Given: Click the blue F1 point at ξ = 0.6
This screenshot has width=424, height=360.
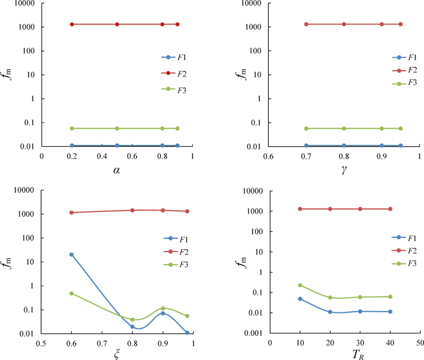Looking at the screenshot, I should tap(72, 255).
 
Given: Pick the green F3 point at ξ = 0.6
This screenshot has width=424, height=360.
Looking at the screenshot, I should tap(72, 293).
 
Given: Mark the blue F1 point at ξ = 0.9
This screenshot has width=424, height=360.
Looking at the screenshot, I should tap(162, 313).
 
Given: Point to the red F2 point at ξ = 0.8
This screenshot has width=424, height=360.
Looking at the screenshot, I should tap(132, 211).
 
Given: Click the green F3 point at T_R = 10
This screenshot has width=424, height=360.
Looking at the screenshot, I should tap(300, 286).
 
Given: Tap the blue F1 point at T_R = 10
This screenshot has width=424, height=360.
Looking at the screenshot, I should tap(300, 299).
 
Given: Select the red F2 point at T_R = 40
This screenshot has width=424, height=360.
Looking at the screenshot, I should tap(390, 209).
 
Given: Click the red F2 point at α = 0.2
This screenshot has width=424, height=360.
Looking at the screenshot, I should tap(72, 24).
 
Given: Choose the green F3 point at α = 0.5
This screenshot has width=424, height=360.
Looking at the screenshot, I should tap(117, 128).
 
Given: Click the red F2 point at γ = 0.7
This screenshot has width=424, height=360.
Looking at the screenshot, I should tap(306, 24).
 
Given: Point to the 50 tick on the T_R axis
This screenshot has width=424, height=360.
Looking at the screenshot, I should tap(420, 342).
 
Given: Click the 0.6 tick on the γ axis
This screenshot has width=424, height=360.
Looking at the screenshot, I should tap(268, 156).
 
